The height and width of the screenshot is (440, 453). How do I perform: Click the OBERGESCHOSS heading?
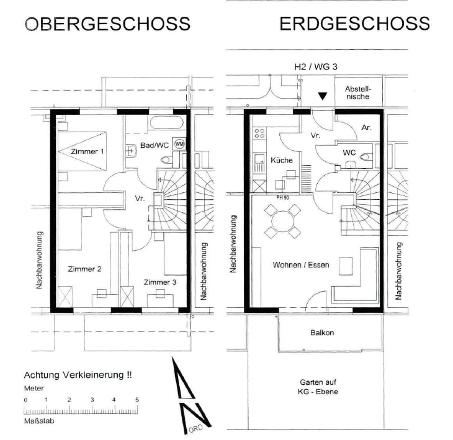tap(107, 24)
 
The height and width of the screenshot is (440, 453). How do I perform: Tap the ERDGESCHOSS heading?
tap(354, 24)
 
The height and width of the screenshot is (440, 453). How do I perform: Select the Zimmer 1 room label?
tap(87, 151)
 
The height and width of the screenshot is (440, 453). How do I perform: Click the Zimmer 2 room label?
tap(84, 269)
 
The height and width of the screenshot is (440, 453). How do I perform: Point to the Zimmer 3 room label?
tap(160, 282)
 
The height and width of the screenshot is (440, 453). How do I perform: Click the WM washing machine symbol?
tap(179, 144)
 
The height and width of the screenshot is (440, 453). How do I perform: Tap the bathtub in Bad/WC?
tap(167, 123)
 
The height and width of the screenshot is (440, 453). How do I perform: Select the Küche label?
tap(282, 160)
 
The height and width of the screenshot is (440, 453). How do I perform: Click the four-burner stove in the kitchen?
tap(259, 133)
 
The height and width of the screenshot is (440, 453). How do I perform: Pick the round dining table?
tap(283, 222)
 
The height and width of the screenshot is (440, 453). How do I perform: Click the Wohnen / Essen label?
tap(301, 265)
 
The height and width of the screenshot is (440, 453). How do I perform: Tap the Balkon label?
tap(322, 333)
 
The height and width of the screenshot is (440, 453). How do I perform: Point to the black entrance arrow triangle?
tap(323, 96)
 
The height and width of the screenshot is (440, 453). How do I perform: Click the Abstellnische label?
tap(358, 92)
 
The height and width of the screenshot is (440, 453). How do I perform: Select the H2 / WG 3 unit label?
tap(316, 67)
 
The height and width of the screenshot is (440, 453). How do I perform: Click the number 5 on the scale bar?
tap(137, 400)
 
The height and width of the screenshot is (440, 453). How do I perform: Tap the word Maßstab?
tap(39, 421)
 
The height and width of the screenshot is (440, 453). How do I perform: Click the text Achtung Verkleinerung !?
tap(78, 375)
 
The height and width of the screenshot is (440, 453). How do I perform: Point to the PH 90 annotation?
tap(282, 198)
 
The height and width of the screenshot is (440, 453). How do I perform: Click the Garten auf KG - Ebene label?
tap(318, 387)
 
